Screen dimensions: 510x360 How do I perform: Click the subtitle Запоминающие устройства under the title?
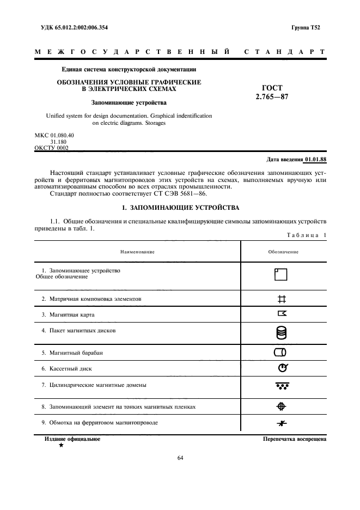129,102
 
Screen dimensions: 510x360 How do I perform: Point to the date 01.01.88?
315,159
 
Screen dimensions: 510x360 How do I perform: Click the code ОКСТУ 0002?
51,148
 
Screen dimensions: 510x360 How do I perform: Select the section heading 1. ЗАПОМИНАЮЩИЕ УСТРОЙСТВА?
180,208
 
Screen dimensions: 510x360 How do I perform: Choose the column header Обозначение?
283,252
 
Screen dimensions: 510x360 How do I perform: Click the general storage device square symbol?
280,274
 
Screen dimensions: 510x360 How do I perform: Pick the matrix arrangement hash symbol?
282,299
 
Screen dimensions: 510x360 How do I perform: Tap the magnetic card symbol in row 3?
282,313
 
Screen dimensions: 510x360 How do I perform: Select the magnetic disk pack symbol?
282,332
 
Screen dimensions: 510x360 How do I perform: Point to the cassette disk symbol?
282,368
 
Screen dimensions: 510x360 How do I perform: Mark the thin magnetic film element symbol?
282,406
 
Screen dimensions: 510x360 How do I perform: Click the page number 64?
180,458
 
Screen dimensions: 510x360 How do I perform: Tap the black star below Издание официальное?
61,445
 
